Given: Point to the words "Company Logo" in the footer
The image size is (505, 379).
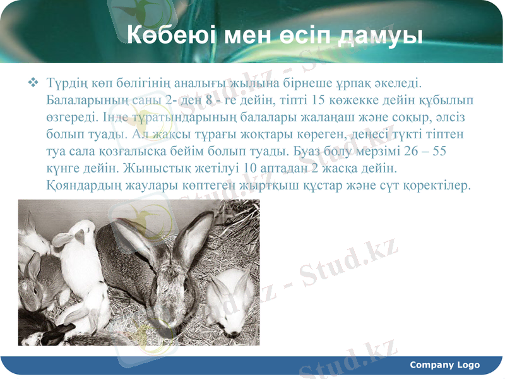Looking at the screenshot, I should click(444, 364).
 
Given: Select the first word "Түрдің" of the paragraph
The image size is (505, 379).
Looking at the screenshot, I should click(67, 83).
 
